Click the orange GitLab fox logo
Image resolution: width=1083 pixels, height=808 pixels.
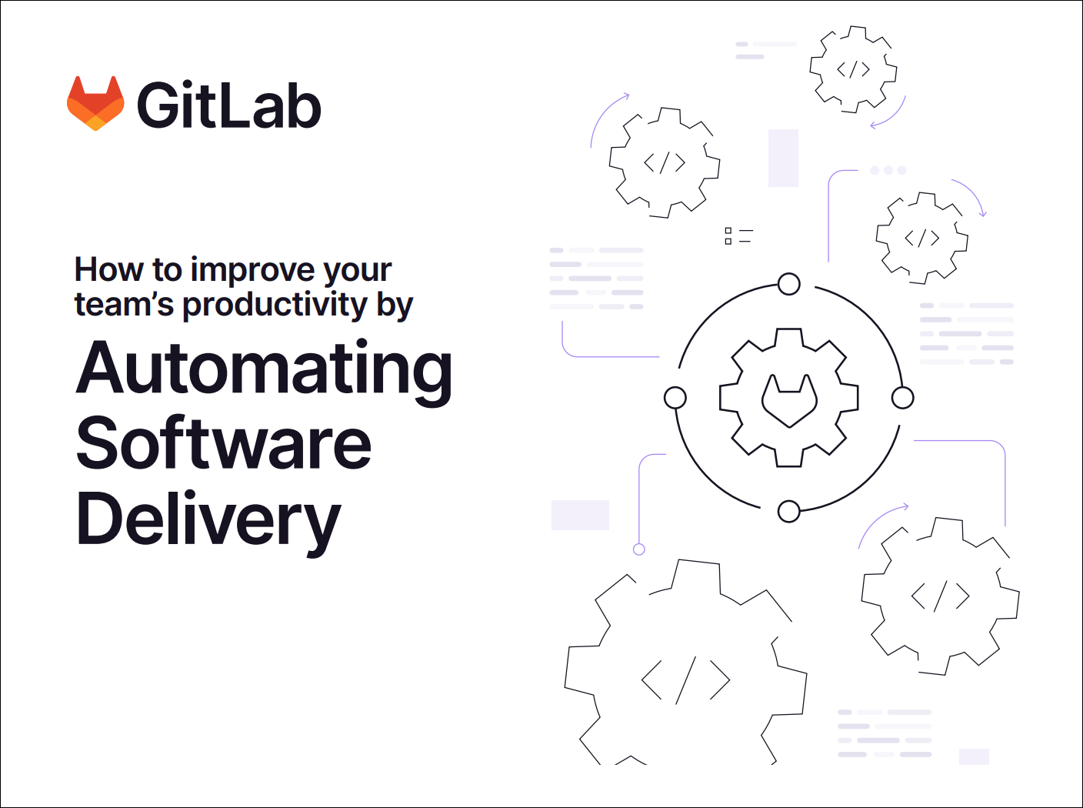coord(95,103)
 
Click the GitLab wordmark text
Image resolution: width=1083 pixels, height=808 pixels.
coord(229,105)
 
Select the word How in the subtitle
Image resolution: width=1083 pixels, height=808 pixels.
coord(109,269)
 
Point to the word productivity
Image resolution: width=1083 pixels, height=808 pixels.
coord(275,305)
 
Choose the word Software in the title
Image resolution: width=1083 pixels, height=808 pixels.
coord(223,442)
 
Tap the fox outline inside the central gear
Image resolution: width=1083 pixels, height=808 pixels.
coord(789,400)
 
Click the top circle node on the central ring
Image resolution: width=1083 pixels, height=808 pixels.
coord(788,284)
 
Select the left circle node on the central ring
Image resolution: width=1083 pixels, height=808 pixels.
coord(675,397)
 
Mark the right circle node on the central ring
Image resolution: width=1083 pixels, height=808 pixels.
coord(902,397)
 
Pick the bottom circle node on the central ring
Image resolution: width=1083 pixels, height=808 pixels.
coord(788,511)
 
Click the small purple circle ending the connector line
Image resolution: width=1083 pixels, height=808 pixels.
coord(639,549)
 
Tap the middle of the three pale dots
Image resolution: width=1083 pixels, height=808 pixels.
coord(888,170)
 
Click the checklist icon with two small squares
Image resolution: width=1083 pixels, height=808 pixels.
coord(738,236)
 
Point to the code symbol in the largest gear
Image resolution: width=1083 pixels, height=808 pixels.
coord(686,680)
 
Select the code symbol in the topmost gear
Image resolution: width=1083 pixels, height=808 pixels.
coord(853,69)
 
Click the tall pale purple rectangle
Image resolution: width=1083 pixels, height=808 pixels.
coord(783,158)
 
